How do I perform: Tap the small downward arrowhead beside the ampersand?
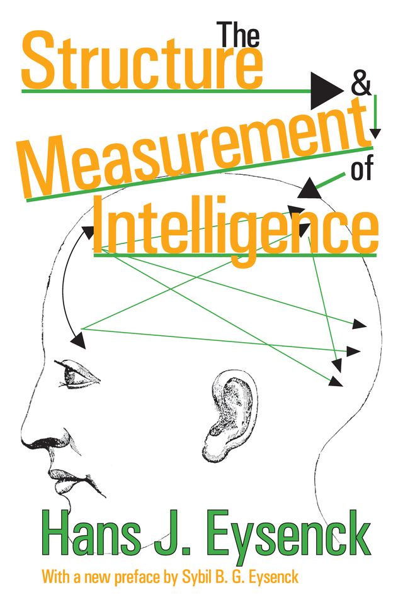click(376, 132)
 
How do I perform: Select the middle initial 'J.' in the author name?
click(187, 536)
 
